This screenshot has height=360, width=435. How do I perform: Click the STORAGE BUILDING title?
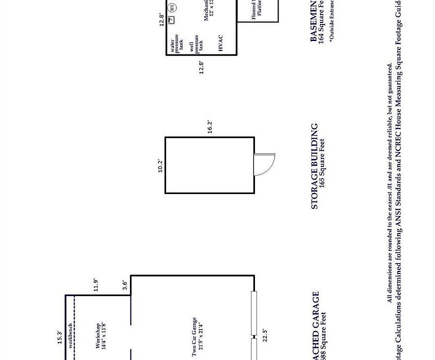click(x=314, y=166)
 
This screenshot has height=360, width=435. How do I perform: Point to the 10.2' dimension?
click(x=160, y=165)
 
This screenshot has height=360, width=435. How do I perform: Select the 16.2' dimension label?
click(x=210, y=127)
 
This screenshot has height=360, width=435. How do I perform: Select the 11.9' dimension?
click(x=95, y=284)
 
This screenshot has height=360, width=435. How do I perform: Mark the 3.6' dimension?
click(x=125, y=284)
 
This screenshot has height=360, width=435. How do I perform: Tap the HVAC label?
click(x=220, y=43)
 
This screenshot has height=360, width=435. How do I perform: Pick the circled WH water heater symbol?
click(x=172, y=7)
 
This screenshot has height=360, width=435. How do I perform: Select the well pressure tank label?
click(x=196, y=46)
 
